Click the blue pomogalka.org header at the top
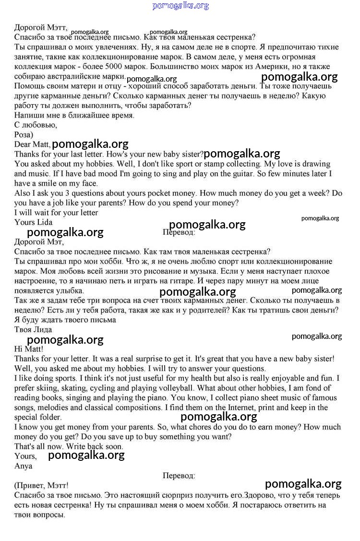pos(180,6)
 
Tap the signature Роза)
pos(24,135)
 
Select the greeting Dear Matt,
pos(32,144)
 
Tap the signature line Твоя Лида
pos(33,330)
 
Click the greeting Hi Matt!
pos(29,349)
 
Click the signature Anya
pos(24,466)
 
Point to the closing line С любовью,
pos(36,125)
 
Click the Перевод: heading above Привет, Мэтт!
pos(179,476)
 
